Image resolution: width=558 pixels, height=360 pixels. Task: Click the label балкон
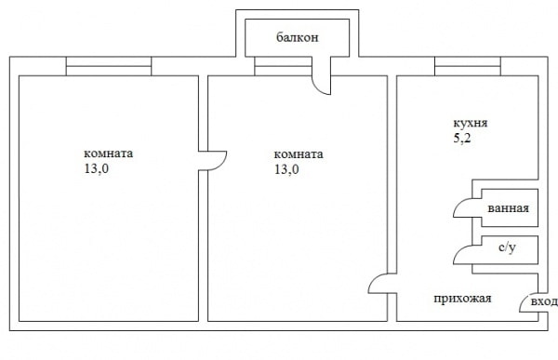(298, 38)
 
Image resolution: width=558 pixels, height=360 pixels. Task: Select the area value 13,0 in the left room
(97, 169)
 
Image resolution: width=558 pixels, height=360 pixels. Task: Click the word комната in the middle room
(299, 154)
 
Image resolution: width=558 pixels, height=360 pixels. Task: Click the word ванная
(508, 208)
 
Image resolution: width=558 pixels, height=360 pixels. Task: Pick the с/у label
(508, 249)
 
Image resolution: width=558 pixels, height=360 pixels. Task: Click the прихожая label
(462, 299)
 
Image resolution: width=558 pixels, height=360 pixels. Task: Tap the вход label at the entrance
(543, 303)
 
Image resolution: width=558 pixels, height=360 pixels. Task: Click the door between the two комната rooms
(213, 161)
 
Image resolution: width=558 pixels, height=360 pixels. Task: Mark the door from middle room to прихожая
(379, 285)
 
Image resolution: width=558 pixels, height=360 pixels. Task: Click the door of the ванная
(462, 209)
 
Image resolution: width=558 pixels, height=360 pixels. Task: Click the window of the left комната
(109, 66)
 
